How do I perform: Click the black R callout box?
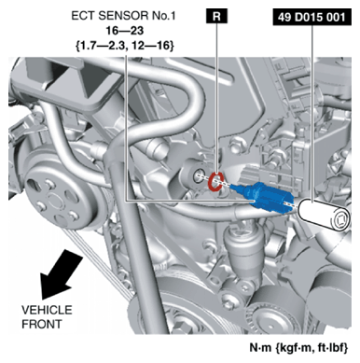click(x=216, y=16)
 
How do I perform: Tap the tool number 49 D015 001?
click(x=312, y=17)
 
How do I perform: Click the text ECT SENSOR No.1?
click(x=123, y=16)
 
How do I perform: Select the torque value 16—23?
click(x=125, y=31)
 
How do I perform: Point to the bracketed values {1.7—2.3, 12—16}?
click(x=124, y=46)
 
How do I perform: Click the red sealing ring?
click(x=215, y=181)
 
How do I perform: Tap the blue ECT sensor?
click(x=263, y=197)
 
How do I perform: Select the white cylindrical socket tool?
click(x=324, y=215)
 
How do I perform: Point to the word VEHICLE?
click(x=47, y=310)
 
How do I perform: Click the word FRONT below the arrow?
click(x=42, y=324)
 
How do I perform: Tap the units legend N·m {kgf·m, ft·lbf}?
click(x=298, y=347)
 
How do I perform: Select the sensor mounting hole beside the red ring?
click(x=198, y=176)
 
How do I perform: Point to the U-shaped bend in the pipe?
click(x=187, y=94)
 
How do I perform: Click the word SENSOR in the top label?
click(x=121, y=16)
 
